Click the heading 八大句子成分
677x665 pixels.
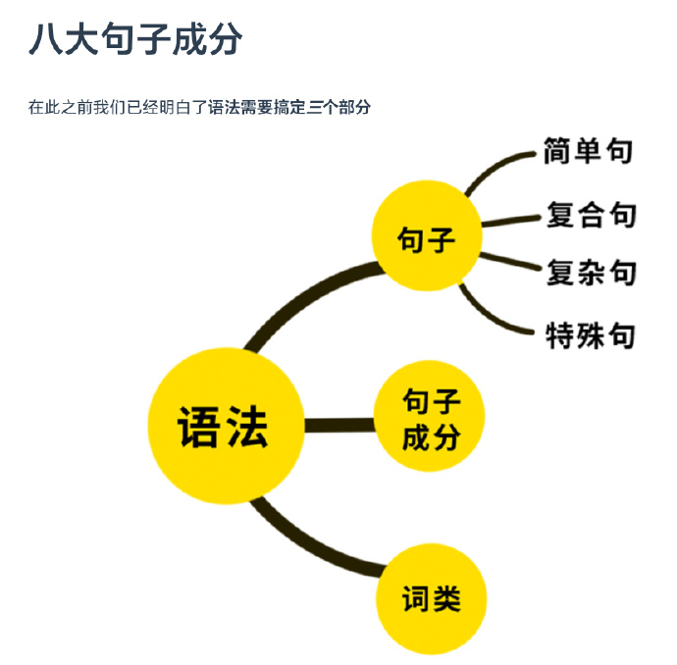135,40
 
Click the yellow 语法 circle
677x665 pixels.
224,427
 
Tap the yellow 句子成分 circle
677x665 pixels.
430,417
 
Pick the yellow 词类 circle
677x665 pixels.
432,598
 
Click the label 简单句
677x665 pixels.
588,151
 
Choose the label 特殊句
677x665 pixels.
591,336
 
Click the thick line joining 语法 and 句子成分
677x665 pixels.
338,425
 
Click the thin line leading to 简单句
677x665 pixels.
495,166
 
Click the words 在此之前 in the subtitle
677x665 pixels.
60,107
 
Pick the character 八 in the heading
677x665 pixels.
46,40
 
